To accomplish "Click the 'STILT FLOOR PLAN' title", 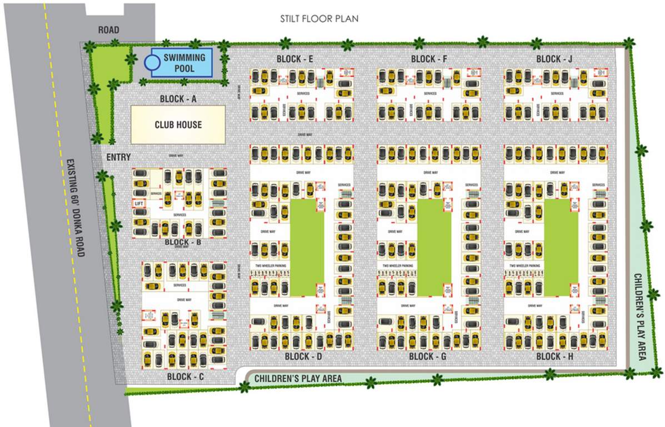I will [x=319, y=19].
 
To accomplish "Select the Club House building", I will [x=178, y=125].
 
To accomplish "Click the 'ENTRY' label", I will [x=118, y=158].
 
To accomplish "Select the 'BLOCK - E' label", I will [x=296, y=59].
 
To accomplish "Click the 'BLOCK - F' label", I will [x=429, y=59].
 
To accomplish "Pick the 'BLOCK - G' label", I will [x=428, y=356].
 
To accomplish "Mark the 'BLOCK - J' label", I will [x=554, y=59].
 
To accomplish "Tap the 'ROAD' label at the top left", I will [x=108, y=30].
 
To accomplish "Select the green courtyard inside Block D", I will [x=307, y=248].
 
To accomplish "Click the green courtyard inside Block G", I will [x=434, y=248].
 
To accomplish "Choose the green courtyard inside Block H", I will [x=561, y=248].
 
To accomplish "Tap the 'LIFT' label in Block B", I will [x=139, y=204].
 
